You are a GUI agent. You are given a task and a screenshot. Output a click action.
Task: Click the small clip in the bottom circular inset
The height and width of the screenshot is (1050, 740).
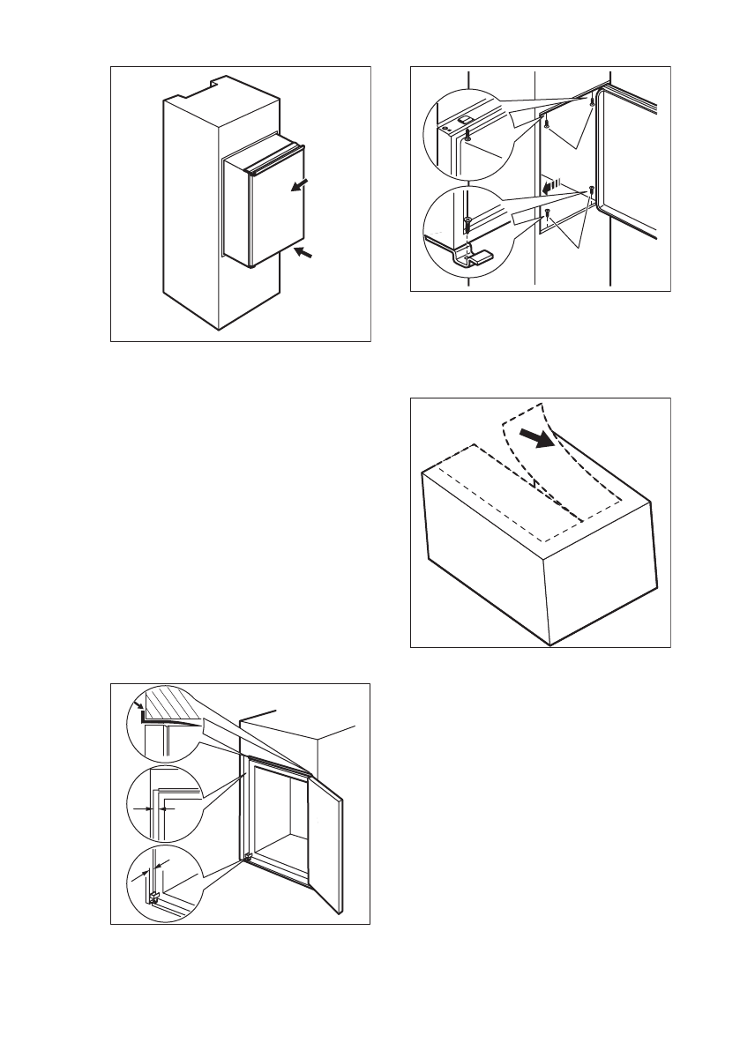click(155, 897)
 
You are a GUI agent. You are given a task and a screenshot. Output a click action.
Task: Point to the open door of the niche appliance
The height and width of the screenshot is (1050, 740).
click(324, 846)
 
